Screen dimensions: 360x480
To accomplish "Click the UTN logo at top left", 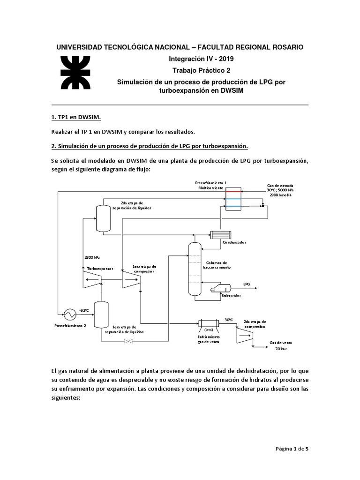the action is coord(75,73).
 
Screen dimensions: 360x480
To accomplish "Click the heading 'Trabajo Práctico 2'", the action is coord(201,70).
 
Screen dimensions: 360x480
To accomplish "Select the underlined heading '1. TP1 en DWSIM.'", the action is coord(76,117).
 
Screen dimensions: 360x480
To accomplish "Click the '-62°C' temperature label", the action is coord(84,310).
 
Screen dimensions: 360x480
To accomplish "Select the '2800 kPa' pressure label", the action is coord(92,257).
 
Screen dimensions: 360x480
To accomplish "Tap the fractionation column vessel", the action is coord(195,269).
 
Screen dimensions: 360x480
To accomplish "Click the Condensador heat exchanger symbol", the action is coord(221,235).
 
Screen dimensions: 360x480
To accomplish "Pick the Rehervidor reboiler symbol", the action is coord(221,288).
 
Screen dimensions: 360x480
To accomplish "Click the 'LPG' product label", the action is coord(247,284).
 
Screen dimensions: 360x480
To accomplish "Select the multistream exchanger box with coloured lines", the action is coord(233,199).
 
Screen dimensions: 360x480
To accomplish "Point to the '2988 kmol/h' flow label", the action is coord(280,195).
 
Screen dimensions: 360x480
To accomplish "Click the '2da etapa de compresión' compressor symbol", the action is coord(245,335).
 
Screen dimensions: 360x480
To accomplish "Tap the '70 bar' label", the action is coord(281,349).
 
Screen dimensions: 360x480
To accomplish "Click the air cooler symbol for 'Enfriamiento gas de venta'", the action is coord(209,326).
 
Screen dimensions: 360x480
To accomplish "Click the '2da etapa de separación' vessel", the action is coord(104,218).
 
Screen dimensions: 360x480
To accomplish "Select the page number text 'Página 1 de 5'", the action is coord(292,449).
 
